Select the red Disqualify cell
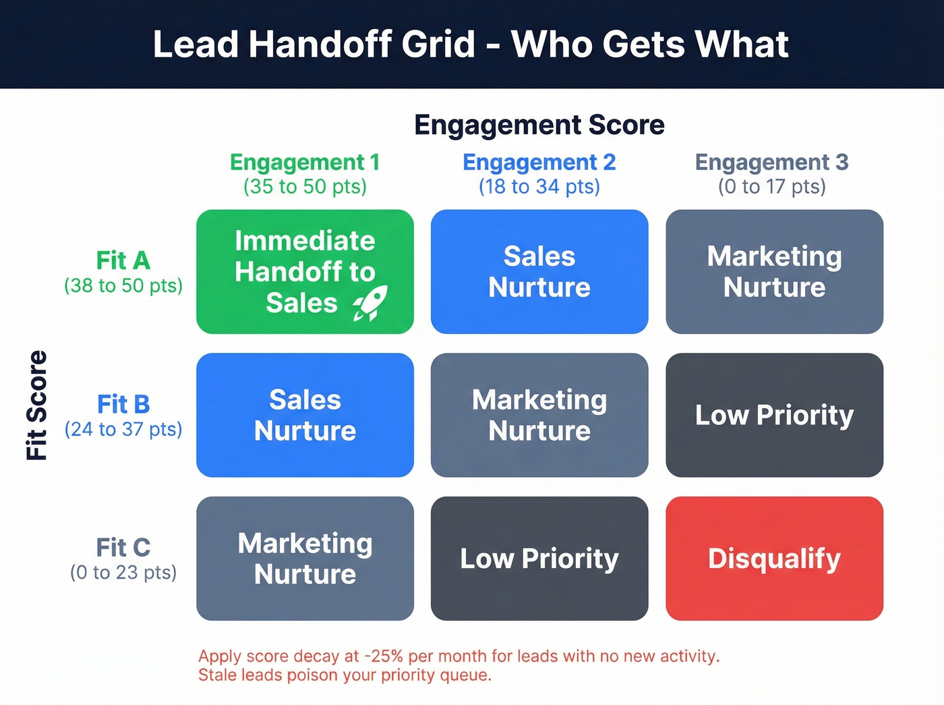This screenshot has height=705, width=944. coord(774,559)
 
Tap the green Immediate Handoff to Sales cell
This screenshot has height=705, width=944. coord(305,271)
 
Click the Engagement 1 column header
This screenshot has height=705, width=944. coord(305,163)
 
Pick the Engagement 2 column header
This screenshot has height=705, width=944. coord(539,163)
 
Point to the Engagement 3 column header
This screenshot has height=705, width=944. coord(772,163)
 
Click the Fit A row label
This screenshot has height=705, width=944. coord(123,260)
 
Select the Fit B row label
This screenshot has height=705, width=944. coord(123,404)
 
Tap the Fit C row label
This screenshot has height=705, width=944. coord(123,547)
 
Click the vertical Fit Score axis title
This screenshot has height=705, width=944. coord(37,405)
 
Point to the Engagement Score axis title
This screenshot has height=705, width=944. coord(539,125)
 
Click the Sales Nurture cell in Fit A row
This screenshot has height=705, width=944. coord(539,271)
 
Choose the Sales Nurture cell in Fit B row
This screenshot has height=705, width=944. coord(305,415)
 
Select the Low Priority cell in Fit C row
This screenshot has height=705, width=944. coord(539,559)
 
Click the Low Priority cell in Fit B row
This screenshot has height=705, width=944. coord(774,415)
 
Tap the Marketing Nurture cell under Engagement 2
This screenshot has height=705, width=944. coord(539,415)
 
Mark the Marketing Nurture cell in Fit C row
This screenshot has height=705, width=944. coord(305,559)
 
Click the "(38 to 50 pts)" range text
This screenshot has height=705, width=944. coord(123,286)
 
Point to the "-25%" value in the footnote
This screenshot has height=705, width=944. coord(384,656)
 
